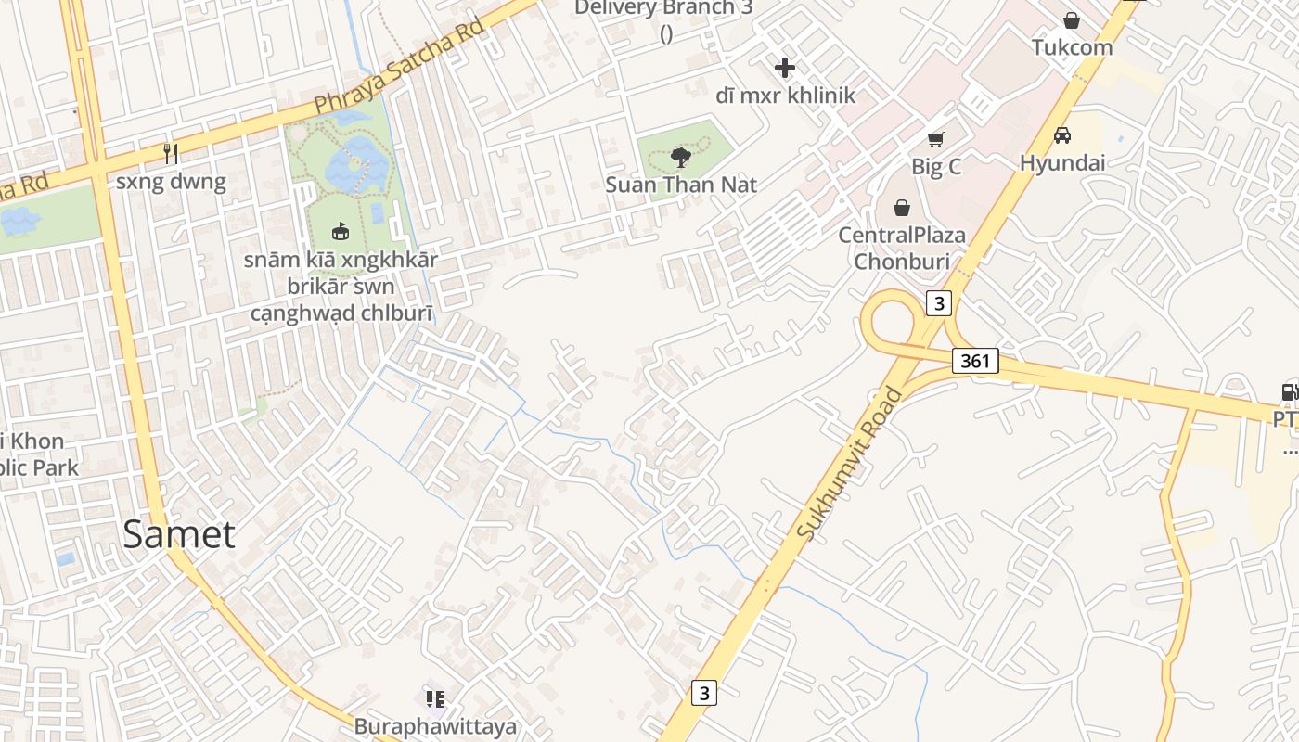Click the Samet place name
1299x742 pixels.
click(179, 534)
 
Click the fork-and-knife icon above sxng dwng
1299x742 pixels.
click(171, 153)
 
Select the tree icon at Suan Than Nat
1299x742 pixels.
click(680, 156)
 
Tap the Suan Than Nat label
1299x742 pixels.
click(681, 185)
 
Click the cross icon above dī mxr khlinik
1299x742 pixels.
click(785, 68)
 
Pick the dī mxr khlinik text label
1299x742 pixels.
click(785, 95)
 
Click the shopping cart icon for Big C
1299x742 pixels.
click(936, 140)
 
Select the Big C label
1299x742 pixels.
click(936, 167)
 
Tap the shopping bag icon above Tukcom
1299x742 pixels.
click(1072, 20)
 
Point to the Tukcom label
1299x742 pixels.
click(1072, 46)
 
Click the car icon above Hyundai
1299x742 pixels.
click(1062, 135)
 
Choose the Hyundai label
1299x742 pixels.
click(1062, 162)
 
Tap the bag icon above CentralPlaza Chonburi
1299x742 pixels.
click(901, 208)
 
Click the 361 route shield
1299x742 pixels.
click(975, 361)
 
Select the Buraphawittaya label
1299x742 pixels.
click(435, 726)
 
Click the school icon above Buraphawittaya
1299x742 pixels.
click(435, 699)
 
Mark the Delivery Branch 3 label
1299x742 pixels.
click(663, 9)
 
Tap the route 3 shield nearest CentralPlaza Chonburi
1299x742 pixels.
click(939, 303)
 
